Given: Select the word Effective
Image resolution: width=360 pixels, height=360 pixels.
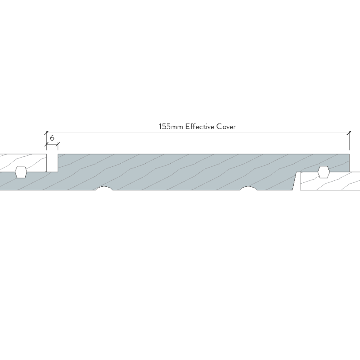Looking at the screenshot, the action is (x=200, y=127).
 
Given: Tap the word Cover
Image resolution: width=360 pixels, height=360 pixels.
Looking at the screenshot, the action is (x=226, y=127).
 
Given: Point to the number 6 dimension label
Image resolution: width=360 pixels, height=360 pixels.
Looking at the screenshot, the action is (x=52, y=138).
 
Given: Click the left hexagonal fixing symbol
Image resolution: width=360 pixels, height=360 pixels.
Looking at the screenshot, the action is (x=21, y=172).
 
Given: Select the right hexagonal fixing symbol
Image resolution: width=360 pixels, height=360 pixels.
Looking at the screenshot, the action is (x=324, y=172).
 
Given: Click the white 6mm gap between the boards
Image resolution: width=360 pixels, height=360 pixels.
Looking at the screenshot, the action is (x=52, y=163).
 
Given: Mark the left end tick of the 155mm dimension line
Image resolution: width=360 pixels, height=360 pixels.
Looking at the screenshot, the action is (x=47, y=133).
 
